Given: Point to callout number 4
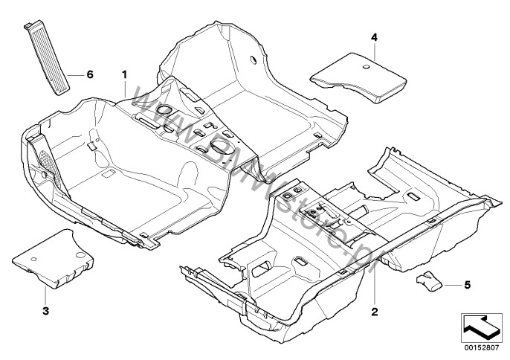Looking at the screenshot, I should tap(375, 36).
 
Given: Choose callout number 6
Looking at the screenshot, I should tap(90, 74).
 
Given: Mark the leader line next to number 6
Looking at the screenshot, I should tap(77, 74).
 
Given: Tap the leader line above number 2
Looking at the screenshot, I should tap(374, 286).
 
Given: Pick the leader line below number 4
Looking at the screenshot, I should tap(375, 50).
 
